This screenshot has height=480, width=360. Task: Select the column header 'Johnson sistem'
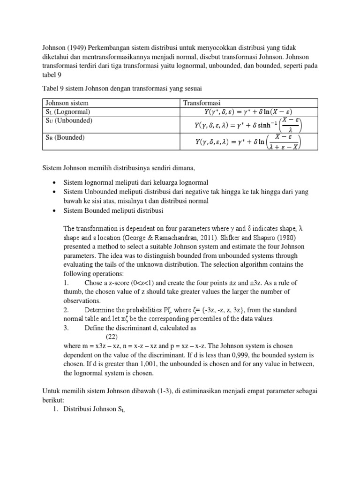click(x=67, y=103)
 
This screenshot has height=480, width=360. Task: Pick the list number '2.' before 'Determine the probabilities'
click(x=66, y=310)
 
